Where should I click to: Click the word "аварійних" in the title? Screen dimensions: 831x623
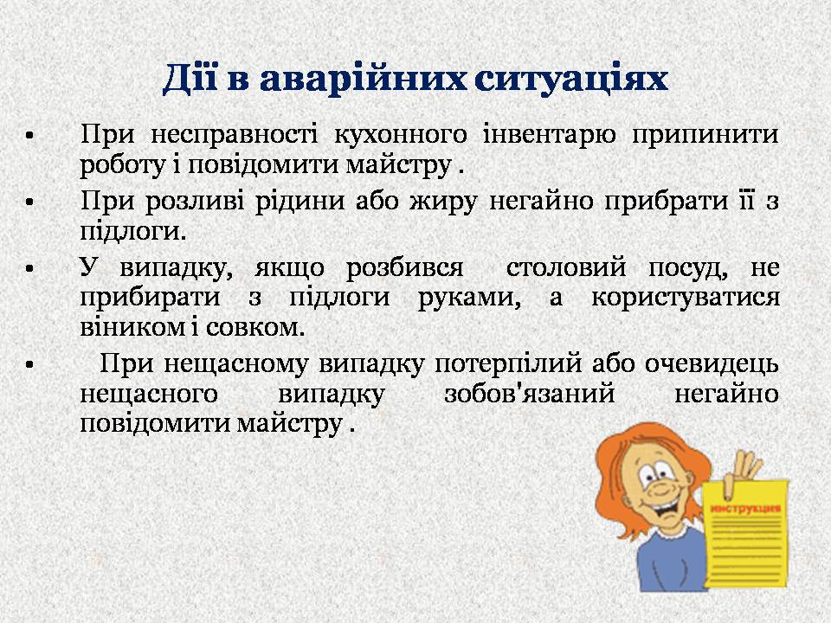pos(363,80)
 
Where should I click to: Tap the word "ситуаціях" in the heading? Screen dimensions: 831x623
pos(571,80)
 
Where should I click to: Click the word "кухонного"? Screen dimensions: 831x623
pos(400,135)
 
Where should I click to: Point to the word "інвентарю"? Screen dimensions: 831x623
pos(550,135)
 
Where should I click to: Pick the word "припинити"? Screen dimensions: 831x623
pos(705,135)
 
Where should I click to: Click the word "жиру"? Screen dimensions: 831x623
pos(442,202)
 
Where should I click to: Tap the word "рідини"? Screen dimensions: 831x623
pos(300,202)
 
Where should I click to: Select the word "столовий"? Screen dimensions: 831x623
pos(566,267)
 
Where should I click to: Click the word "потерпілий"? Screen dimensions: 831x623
pos(508,364)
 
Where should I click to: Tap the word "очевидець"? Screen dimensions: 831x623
pos(712,364)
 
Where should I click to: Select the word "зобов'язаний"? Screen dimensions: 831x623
pos(529,395)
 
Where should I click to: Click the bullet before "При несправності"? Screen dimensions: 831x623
pos(29,136)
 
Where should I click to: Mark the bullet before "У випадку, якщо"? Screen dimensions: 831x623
pos(29,268)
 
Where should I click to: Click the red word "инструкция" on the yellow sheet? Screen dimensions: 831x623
pos(745,509)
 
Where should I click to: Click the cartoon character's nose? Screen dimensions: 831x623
pos(659,491)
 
